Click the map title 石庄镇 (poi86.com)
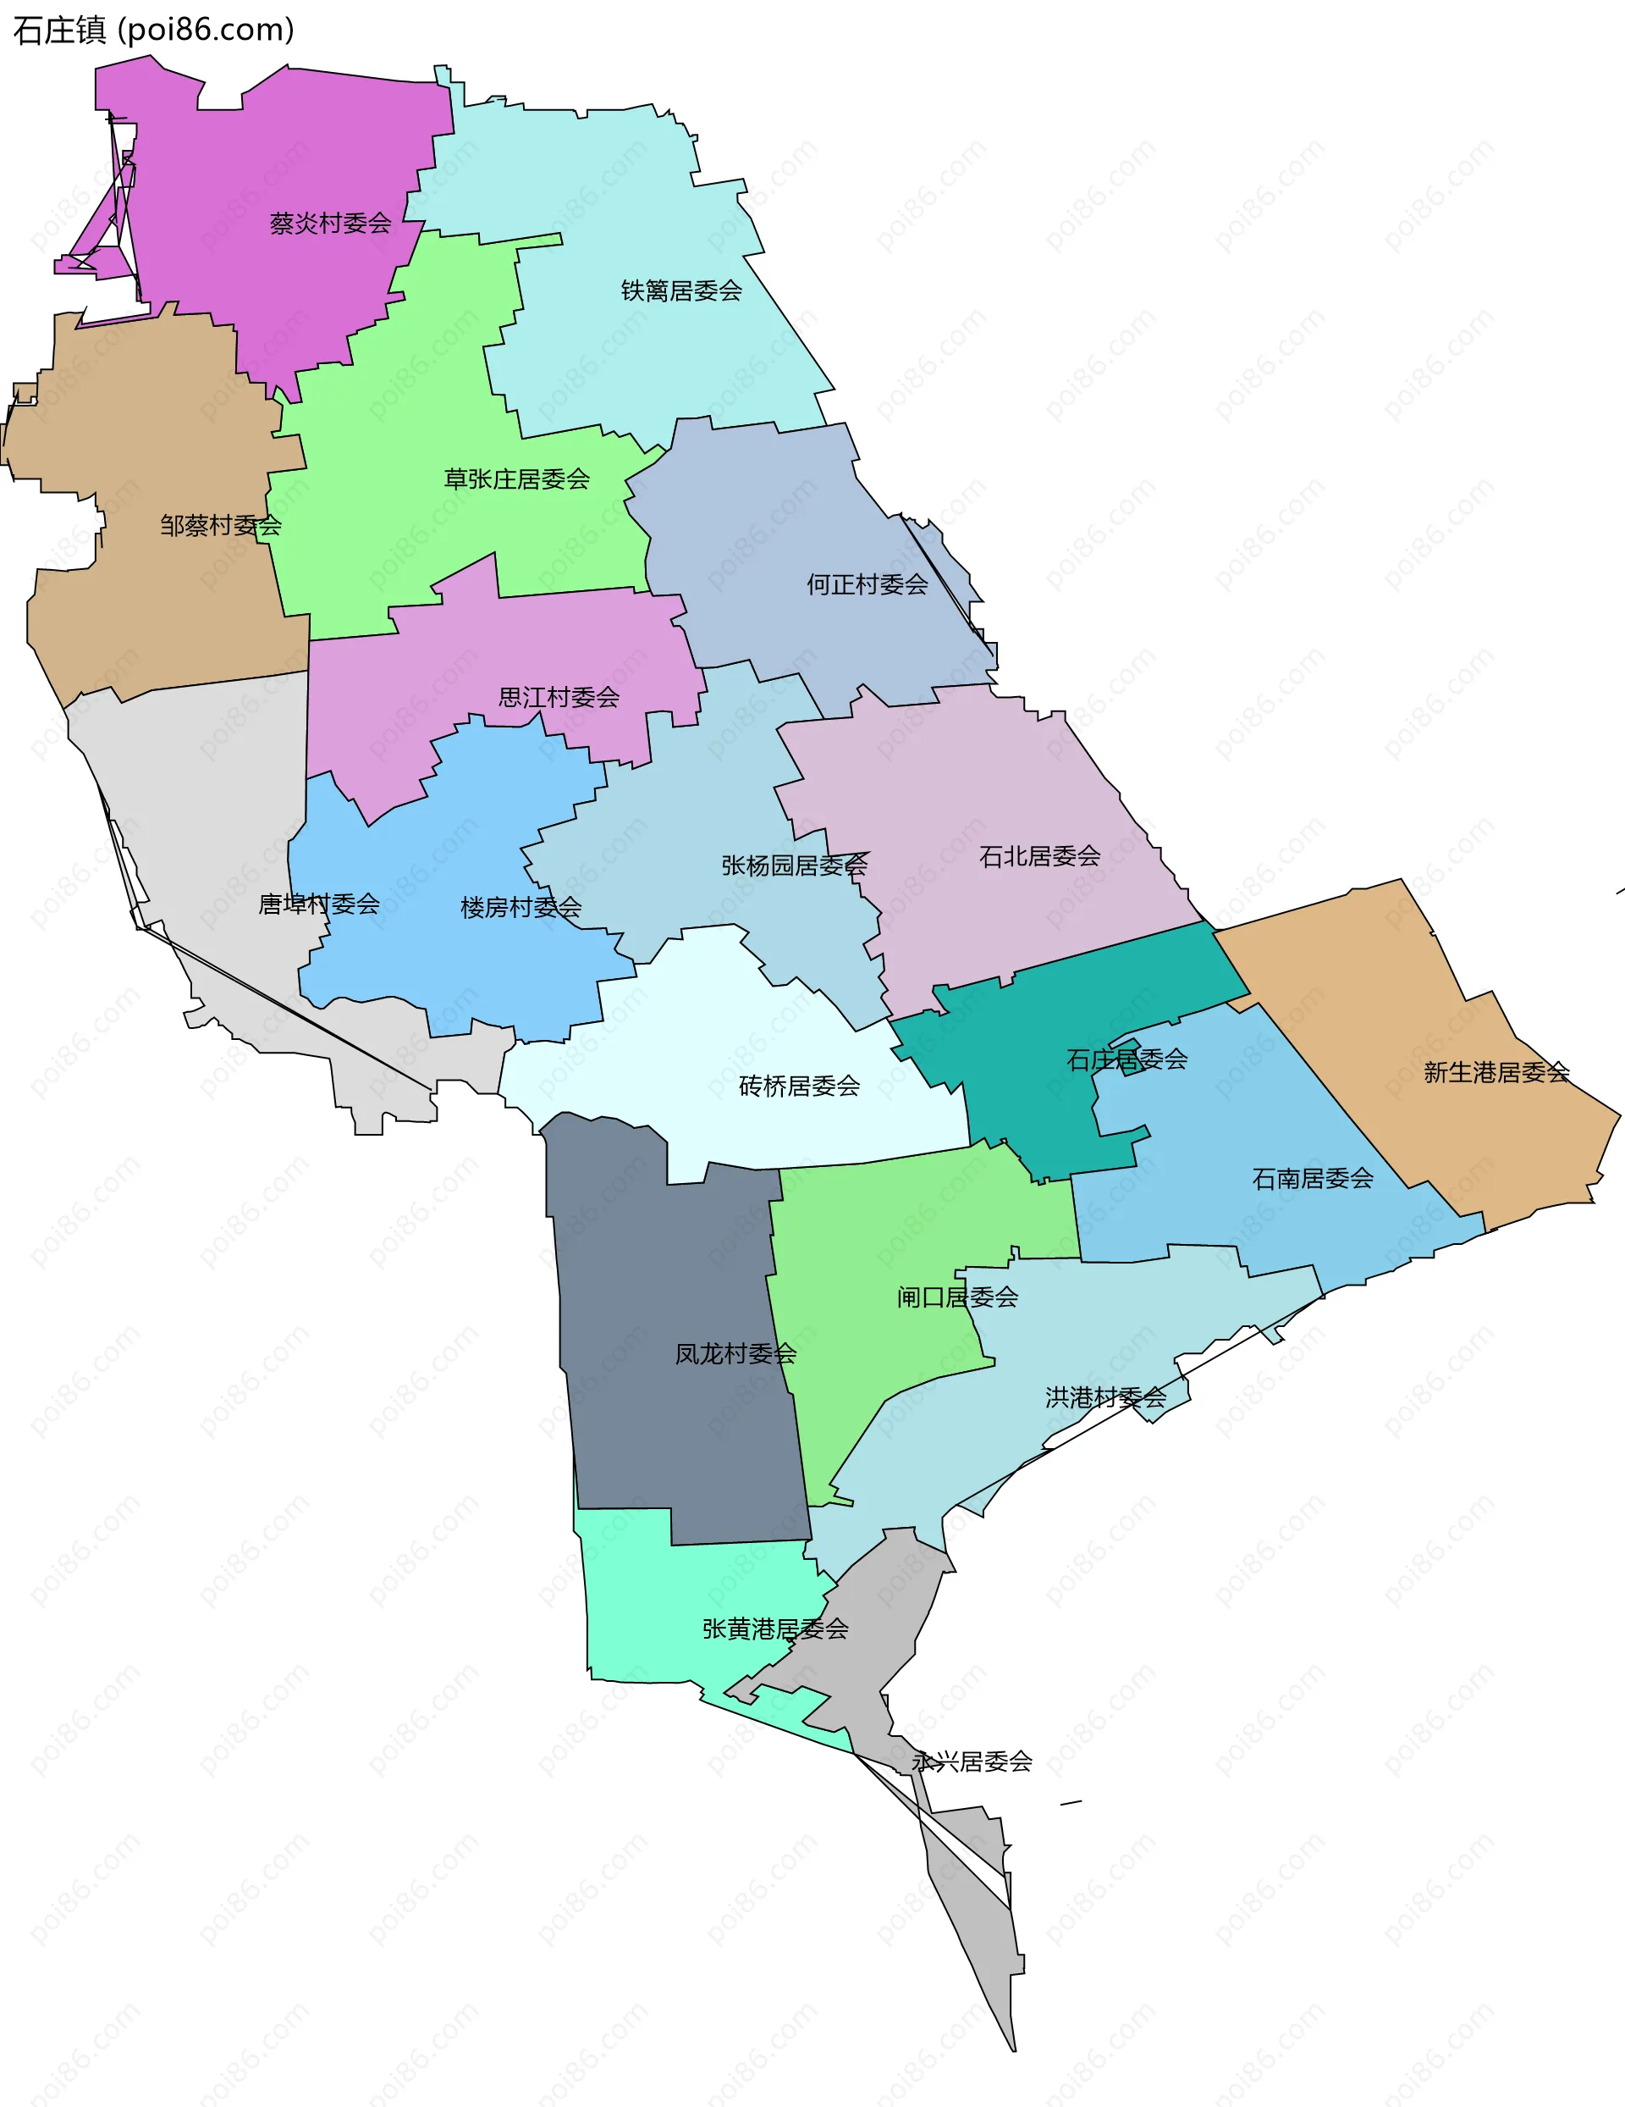(153, 30)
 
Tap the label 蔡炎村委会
(331, 224)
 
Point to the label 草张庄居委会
(516, 478)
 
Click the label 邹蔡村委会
(221, 526)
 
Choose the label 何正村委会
(867, 583)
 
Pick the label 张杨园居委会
(794, 865)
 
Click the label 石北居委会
(1039, 855)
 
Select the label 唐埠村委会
(318, 904)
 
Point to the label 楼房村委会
(521, 907)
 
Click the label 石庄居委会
(1126, 1059)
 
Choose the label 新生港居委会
(1496, 1072)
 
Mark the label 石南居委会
(1313, 1178)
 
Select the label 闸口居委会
(956, 1297)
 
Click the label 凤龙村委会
(735, 1353)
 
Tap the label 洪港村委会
(1105, 1397)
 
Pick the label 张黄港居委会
(774, 1629)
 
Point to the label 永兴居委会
(972, 1761)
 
